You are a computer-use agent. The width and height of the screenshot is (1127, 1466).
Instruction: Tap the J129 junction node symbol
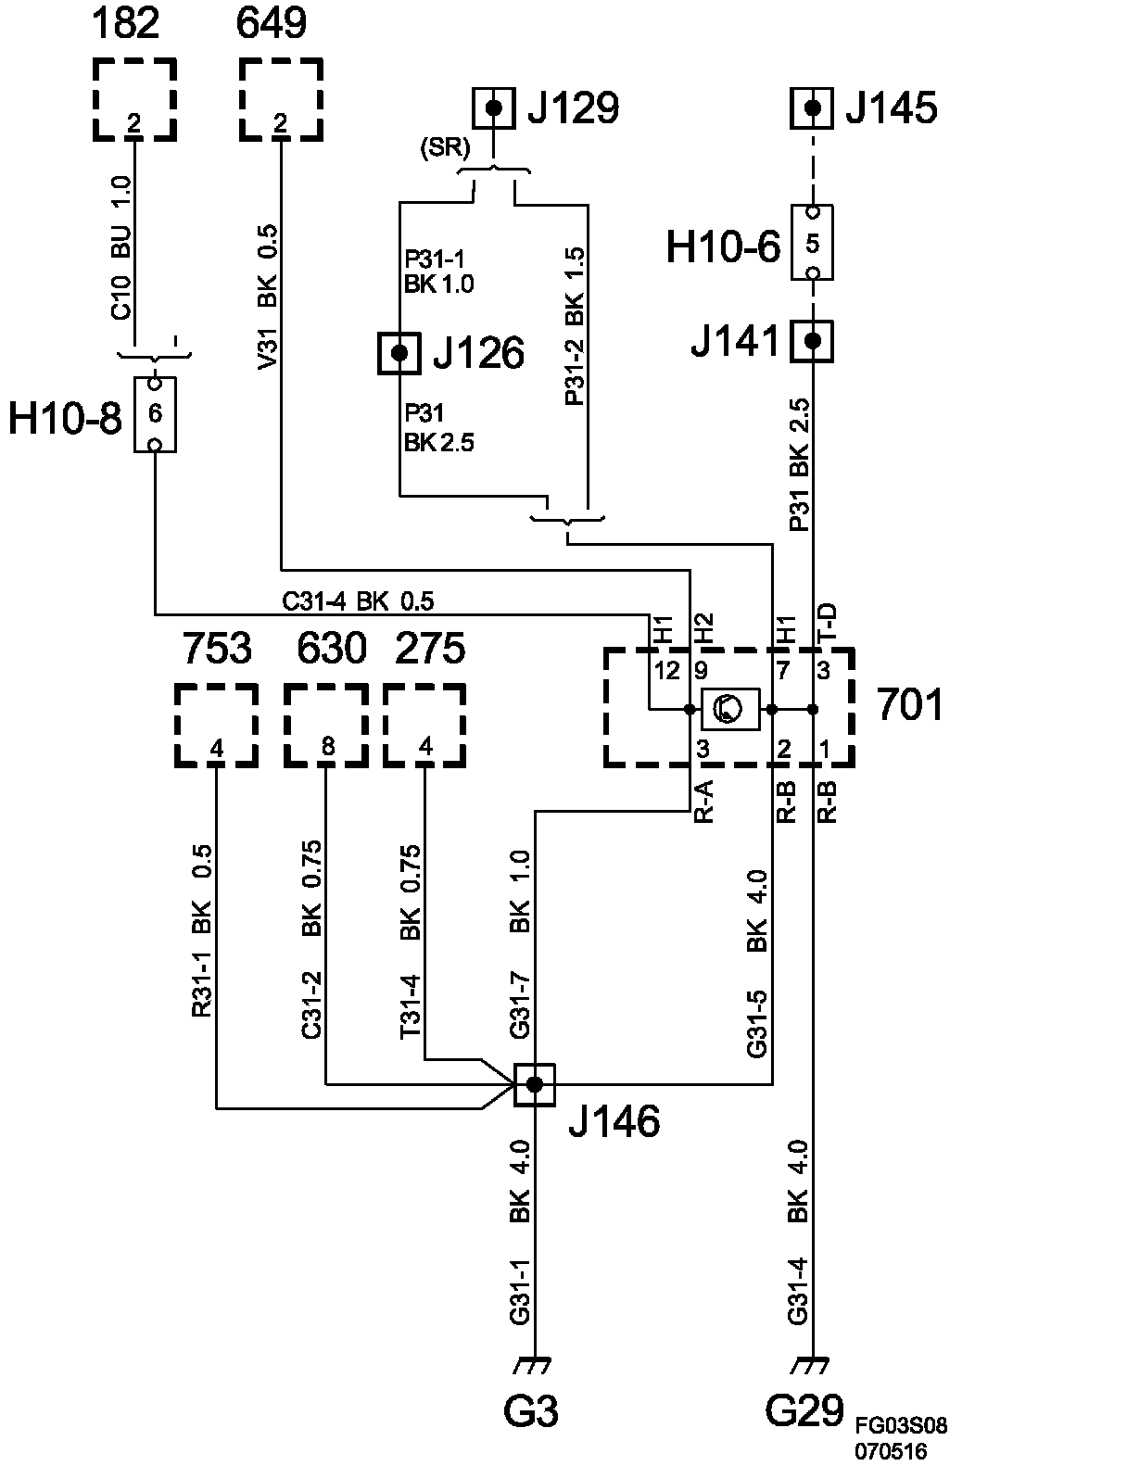494,108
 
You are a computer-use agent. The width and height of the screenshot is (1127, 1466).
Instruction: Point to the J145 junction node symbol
813,108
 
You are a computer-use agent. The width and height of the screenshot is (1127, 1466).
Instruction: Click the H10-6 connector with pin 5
813,243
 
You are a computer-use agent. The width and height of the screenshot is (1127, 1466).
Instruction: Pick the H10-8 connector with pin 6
155,413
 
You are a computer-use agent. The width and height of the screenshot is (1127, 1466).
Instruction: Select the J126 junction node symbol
399,353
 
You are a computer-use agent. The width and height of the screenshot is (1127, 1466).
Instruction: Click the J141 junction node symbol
813,341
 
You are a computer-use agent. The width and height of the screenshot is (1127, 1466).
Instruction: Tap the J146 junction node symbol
534,1084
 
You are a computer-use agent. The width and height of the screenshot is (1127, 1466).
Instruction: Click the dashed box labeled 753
216,726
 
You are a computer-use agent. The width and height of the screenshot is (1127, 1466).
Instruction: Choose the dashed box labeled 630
324,726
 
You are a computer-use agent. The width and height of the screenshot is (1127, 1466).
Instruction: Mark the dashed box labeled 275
424,726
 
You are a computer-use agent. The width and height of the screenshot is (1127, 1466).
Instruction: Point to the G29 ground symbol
813,1365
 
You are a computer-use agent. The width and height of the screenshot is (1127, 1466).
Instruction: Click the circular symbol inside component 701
730,710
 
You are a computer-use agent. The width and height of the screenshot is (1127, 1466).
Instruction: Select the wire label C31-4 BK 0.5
358,601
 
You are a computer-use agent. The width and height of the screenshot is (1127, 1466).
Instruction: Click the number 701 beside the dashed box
909,705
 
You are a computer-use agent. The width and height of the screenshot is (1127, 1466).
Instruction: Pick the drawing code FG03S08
901,1424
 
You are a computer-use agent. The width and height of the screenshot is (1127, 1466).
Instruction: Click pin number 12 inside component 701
666,670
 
